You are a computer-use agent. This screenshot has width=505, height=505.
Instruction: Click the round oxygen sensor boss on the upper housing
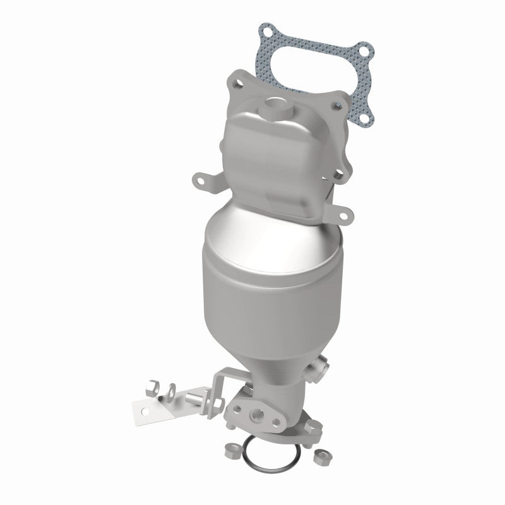[275, 102]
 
